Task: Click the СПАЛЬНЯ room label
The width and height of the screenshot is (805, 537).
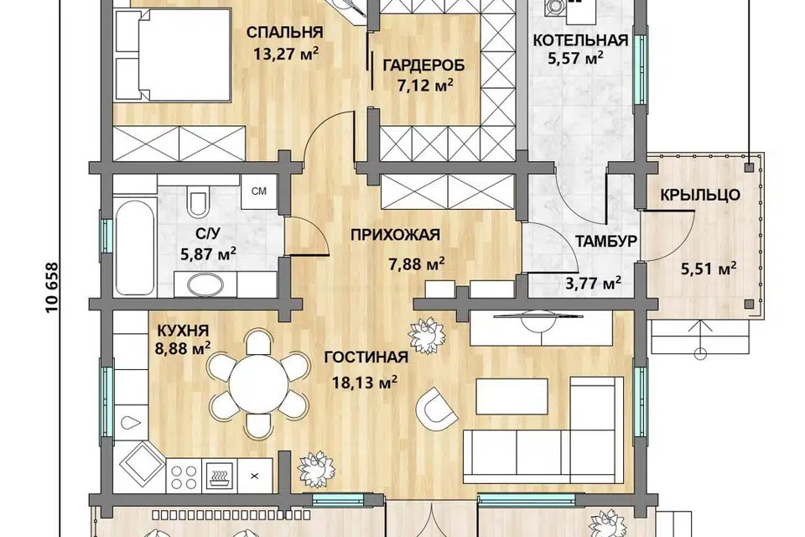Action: (x=284, y=33)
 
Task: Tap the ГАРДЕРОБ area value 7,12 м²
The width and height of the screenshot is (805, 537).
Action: (x=425, y=84)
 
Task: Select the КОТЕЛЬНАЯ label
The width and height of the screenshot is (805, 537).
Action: (x=580, y=40)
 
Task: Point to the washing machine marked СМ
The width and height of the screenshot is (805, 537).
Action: (x=259, y=191)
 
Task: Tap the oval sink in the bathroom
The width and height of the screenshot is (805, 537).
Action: (x=205, y=284)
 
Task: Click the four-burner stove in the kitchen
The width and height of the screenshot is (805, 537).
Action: (x=184, y=477)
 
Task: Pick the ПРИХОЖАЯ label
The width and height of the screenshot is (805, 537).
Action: (x=395, y=235)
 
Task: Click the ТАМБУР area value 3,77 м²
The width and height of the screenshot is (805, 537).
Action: (x=594, y=282)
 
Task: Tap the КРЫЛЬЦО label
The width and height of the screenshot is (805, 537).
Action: (x=699, y=195)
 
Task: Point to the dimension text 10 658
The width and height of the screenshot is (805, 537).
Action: (x=52, y=288)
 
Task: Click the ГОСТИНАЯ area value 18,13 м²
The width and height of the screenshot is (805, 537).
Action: (x=366, y=382)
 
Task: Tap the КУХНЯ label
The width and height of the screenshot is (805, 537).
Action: (x=183, y=330)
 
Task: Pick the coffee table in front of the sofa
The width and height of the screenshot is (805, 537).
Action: (x=512, y=396)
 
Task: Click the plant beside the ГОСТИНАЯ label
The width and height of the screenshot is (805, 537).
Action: (x=426, y=336)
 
